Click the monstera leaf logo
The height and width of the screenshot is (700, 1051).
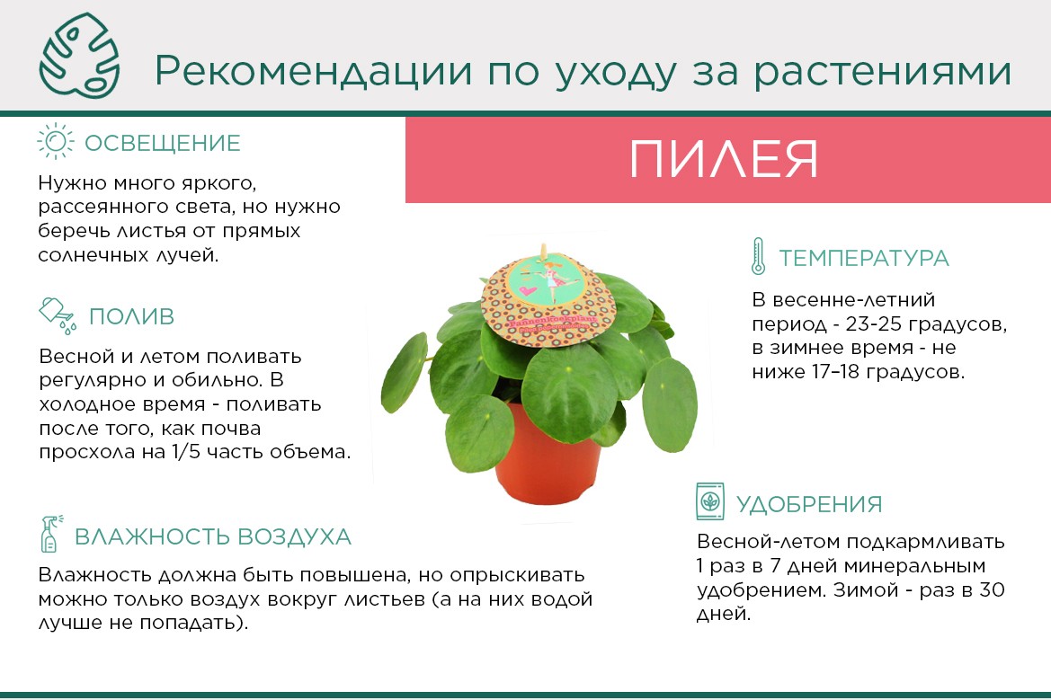pos(80,56)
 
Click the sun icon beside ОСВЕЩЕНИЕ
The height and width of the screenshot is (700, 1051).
pos(56,141)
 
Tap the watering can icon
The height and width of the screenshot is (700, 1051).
pos(58,315)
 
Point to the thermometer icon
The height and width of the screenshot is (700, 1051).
pos(758,256)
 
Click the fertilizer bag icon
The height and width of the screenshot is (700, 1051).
pos(710,501)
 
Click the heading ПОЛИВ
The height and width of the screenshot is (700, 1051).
pos(131,316)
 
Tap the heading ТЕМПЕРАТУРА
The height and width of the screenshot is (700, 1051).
pos(863,258)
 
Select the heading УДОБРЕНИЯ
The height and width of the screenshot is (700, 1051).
pos(809,504)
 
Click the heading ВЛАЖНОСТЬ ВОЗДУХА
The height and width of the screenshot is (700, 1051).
pos(212,536)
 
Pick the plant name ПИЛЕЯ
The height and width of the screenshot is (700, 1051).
pos(724,159)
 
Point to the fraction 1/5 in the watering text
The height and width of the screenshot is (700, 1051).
pos(186,451)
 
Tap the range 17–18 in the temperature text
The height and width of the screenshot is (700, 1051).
pos(835,371)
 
